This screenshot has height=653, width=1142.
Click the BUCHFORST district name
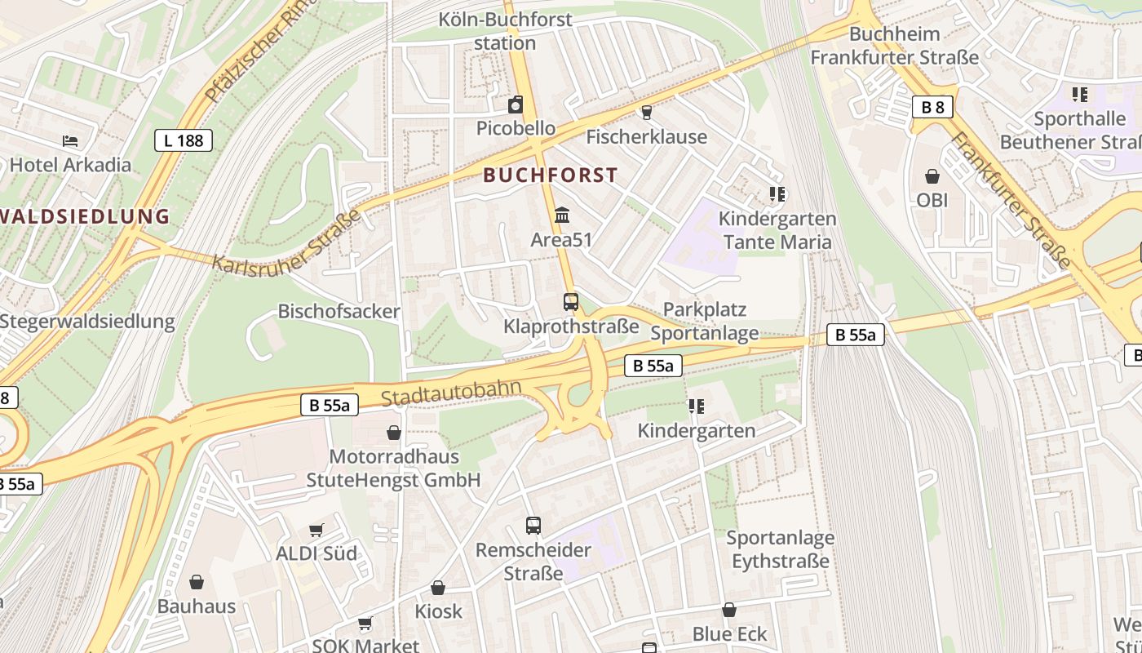551,175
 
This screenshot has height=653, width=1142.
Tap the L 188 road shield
184,140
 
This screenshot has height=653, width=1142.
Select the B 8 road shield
932,106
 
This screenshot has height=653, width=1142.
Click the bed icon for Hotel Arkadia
70,140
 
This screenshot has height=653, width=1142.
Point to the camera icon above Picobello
516,104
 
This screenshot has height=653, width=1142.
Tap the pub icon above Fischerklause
647,113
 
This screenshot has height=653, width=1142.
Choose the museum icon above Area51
562,215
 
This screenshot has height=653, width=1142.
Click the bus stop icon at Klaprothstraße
571,302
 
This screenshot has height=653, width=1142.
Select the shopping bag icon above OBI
932,176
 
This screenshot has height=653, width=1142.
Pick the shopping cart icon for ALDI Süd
316,530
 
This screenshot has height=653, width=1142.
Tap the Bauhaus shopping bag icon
197,582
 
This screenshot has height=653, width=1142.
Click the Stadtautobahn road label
451,393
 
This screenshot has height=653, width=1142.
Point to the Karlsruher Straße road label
286,241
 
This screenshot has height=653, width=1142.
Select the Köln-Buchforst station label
506,31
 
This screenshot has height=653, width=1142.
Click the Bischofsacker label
339,311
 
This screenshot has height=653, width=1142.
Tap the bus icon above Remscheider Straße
533,526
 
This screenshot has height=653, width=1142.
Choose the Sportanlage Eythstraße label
780,549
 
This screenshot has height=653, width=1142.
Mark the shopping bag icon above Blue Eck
729,610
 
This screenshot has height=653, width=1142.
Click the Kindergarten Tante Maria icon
777,194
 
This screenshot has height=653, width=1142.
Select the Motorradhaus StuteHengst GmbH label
394,468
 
